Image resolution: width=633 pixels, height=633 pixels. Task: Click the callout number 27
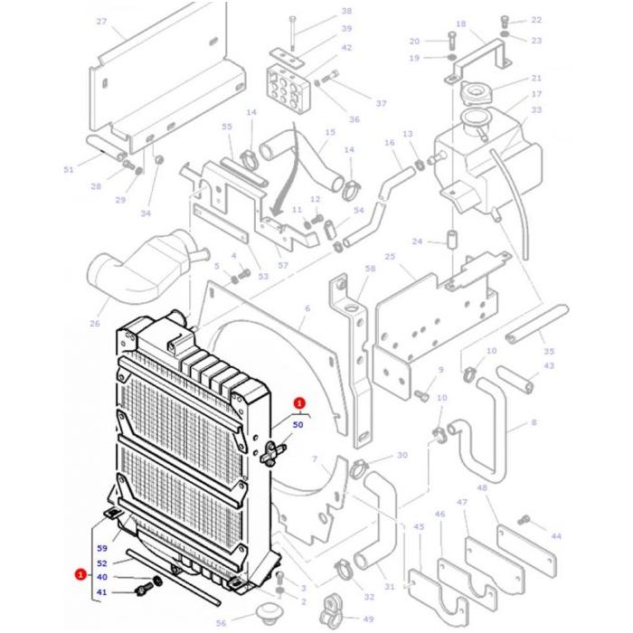pos(101,22)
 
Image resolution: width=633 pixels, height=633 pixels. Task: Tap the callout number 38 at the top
pos(321,12)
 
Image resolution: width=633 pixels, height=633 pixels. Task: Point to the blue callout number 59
pos(102,549)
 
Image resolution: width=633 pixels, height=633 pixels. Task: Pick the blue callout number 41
pos(102,592)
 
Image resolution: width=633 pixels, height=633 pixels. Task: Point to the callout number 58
pos(370,269)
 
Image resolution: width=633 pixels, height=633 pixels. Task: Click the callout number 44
pos(555,536)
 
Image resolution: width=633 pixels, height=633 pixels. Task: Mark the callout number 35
pos(549,351)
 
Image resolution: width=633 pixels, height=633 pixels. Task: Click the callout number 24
pos(417,241)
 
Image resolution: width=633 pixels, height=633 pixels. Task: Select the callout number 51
pos(69,169)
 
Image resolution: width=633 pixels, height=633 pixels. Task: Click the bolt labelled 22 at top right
pos(504,21)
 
